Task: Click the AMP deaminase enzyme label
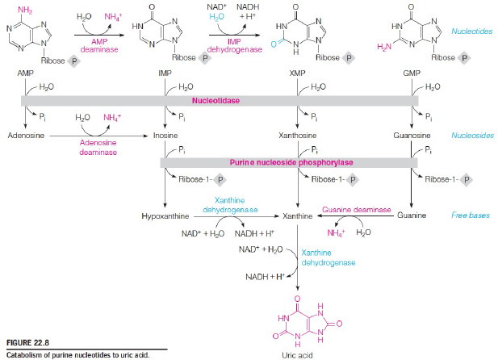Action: [94, 44]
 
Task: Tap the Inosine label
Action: [165, 136]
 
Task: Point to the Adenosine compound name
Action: [25, 136]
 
